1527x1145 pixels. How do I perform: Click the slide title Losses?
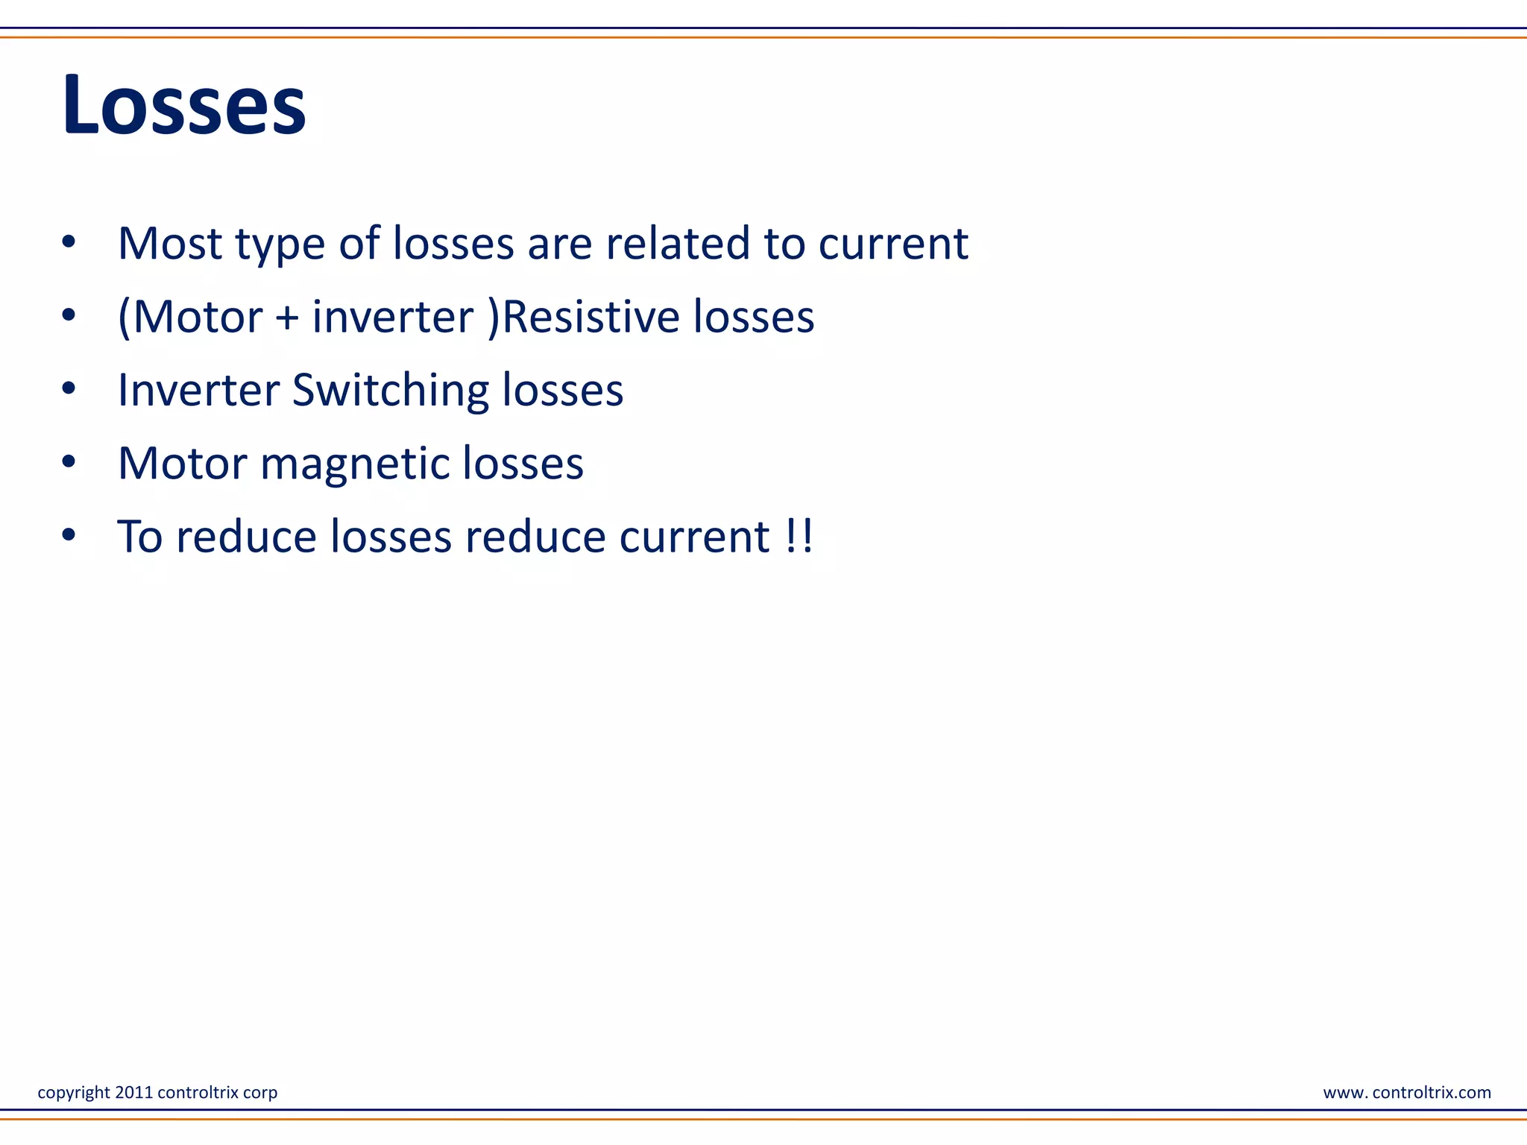tap(183, 106)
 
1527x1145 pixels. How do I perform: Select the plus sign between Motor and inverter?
tap(287, 318)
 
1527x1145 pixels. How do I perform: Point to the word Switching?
tap(390, 391)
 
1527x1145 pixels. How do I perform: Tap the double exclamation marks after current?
tap(799, 536)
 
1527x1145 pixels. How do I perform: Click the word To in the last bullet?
tap(140, 536)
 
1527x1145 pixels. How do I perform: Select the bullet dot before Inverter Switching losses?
tap(69, 389)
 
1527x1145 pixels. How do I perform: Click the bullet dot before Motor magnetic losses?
tap(69, 462)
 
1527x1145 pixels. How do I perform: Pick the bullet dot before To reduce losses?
tap(69, 535)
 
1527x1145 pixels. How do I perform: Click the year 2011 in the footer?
tap(133, 1092)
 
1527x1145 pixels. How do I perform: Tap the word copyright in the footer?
tap(74, 1093)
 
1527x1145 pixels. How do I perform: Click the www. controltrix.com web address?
tap(1407, 1092)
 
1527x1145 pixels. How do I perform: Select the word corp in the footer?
tap(260, 1093)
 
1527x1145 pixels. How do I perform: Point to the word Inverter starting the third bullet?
tap(198, 390)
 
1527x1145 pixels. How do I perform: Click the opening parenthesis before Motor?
tap(125, 318)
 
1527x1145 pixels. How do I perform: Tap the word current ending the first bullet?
tap(893, 244)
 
